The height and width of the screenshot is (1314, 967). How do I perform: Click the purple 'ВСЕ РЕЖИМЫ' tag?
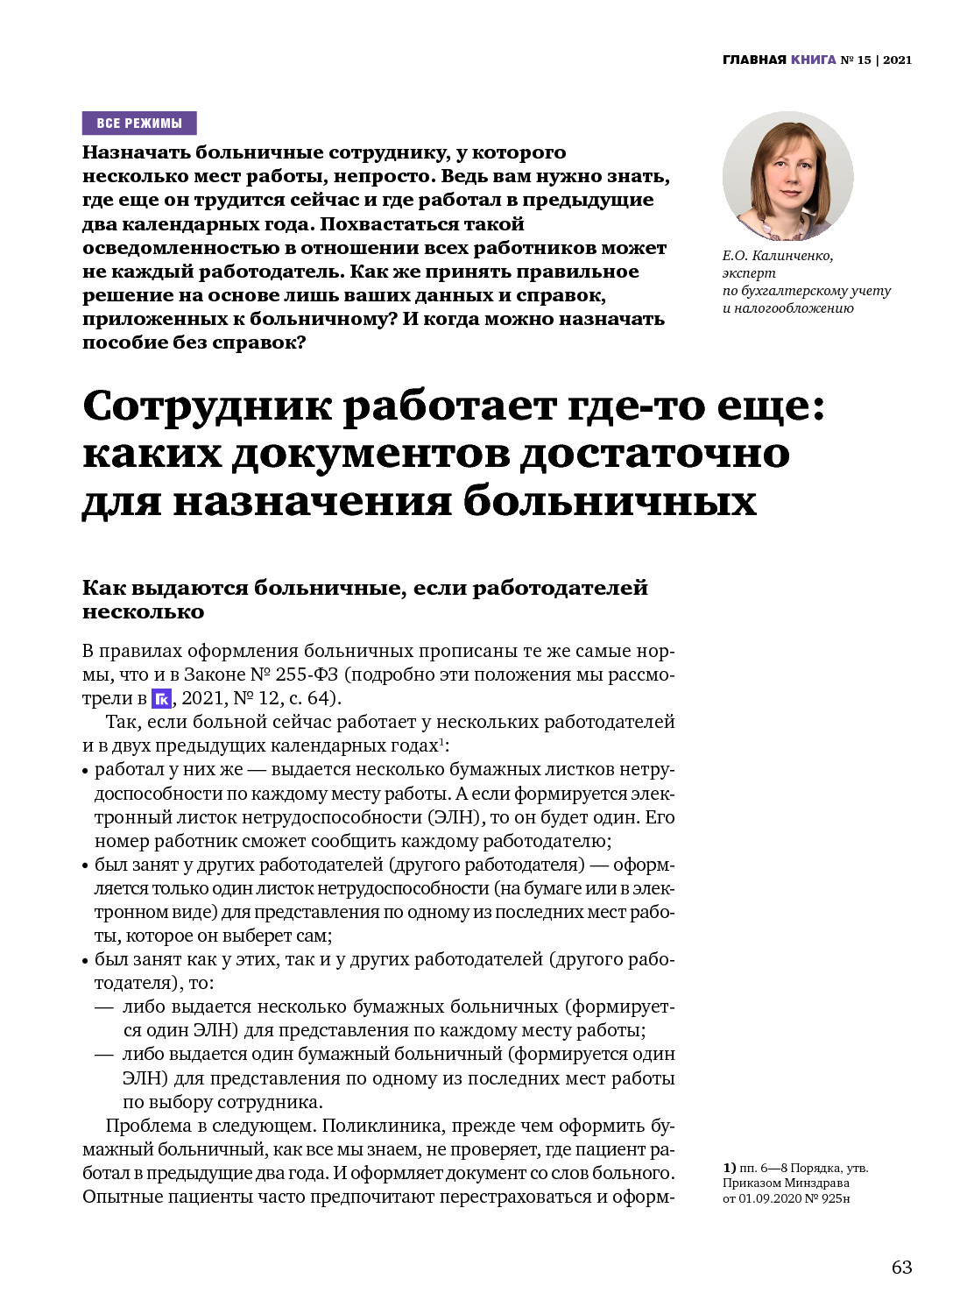click(139, 123)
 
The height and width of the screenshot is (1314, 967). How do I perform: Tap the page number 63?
click(901, 1267)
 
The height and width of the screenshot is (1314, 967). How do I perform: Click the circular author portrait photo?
click(787, 176)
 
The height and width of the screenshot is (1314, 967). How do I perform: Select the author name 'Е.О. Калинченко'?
click(778, 256)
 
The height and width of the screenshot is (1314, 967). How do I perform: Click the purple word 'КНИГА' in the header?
click(813, 60)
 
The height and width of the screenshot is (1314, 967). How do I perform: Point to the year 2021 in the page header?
click(897, 60)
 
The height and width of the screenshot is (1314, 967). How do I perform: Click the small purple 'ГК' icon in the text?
click(162, 698)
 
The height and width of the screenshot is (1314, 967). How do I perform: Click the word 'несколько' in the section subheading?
click(143, 611)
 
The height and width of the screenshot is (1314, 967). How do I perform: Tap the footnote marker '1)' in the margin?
click(729, 1168)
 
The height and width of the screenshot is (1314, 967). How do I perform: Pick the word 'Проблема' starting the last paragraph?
click(148, 1126)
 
